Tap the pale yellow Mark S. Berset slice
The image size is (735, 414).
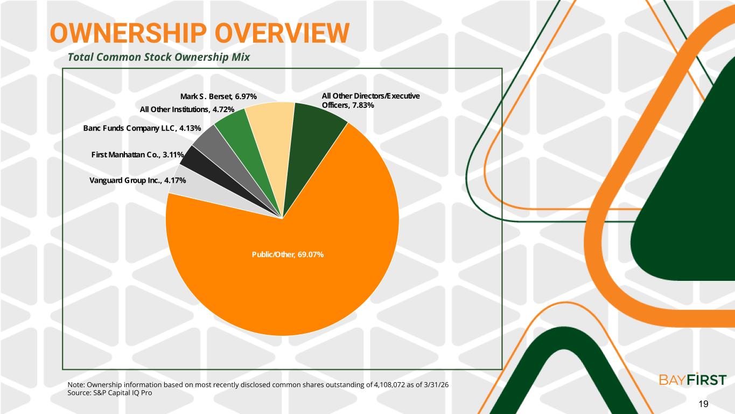pyautogui.click(x=273, y=138)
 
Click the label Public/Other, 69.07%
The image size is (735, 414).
pyautogui.click(x=288, y=254)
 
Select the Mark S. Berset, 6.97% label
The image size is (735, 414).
pyautogui.click(x=219, y=96)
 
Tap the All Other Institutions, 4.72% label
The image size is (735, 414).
pyautogui.click(x=187, y=109)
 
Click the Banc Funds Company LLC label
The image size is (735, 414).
pyautogui.click(x=130, y=128)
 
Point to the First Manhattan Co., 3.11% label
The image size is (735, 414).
pyautogui.click(x=137, y=154)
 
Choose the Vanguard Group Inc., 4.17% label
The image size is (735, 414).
pyautogui.click(x=138, y=181)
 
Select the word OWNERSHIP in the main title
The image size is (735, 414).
pyautogui.click(x=129, y=33)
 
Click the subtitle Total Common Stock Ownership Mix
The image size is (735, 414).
pyautogui.click(x=159, y=57)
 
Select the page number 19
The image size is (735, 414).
pyautogui.click(x=703, y=404)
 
